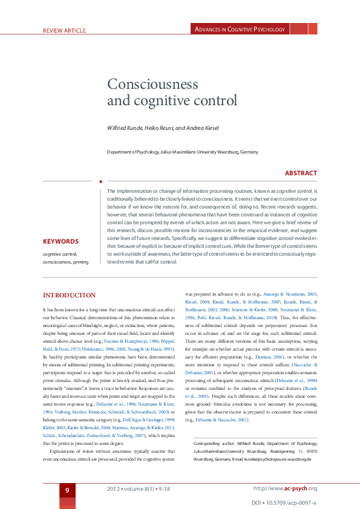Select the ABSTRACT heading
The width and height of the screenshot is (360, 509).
pos(301,173)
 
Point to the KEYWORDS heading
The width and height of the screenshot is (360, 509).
pos(60,241)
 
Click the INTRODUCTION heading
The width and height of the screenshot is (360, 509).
pos(69,296)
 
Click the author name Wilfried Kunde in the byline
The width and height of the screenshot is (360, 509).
pos(124,128)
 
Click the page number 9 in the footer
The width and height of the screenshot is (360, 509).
pos(68,489)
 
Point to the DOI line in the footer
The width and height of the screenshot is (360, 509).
pos(284,502)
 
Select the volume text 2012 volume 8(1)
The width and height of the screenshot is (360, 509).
pos(131,488)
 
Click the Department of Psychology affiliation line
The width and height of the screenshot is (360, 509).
pos(182,152)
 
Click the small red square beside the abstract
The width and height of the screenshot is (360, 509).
pos(100,180)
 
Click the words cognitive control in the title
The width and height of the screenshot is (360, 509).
pos(172,101)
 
